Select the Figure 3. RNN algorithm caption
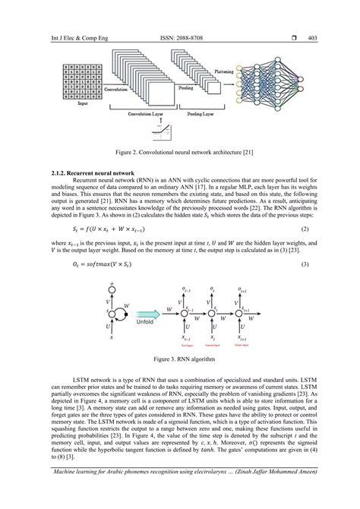180,356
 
